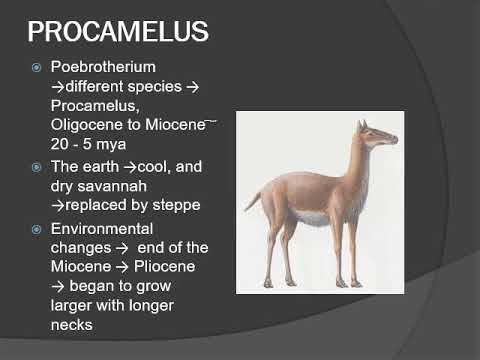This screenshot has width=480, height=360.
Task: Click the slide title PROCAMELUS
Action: [x=117, y=31]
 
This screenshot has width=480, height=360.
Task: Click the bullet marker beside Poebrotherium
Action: [x=36, y=68]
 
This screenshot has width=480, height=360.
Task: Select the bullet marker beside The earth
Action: [x=36, y=167]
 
